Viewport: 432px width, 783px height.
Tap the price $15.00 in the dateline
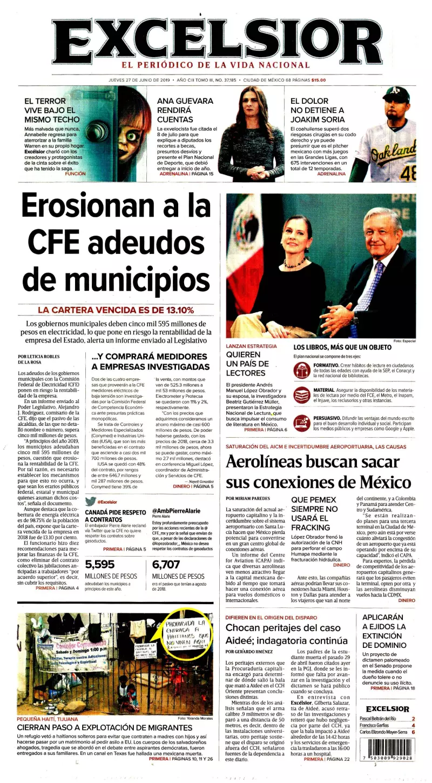pyautogui.click(x=319, y=80)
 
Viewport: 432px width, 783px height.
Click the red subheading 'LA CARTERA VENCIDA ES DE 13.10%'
pyautogui.click(x=116, y=310)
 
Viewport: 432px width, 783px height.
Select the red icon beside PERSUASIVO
pyautogui.click(x=301, y=423)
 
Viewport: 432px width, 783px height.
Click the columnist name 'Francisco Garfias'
pyautogui.click(x=376, y=726)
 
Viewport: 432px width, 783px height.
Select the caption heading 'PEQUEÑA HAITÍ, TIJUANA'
pyautogui.click(x=47, y=719)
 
